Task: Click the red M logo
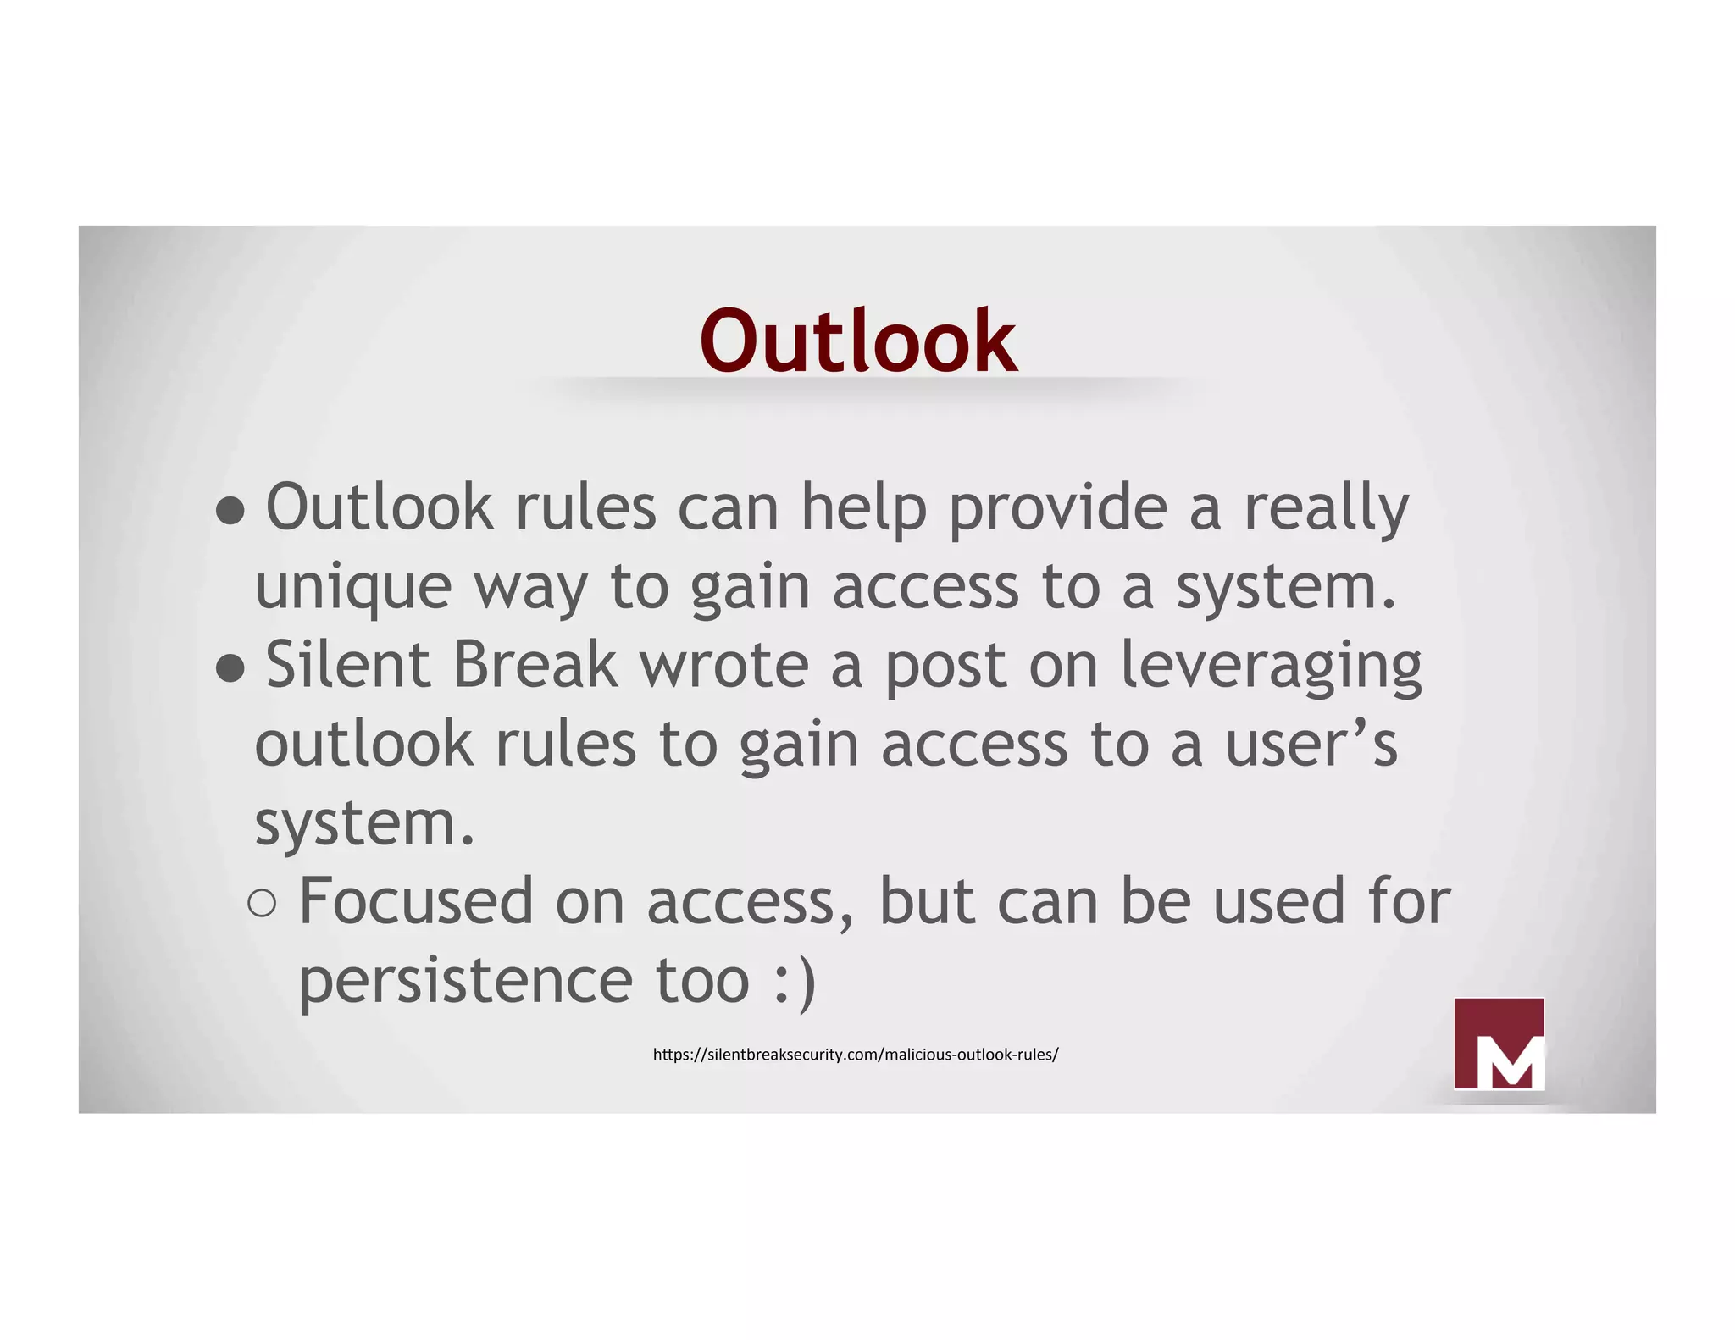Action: click(x=1499, y=1044)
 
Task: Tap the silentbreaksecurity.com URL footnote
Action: click(x=856, y=1055)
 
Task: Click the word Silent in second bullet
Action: click(x=348, y=665)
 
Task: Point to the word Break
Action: click(x=535, y=665)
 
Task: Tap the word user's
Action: click(x=1311, y=745)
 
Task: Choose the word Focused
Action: click(x=416, y=901)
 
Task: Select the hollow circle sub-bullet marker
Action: click(x=263, y=904)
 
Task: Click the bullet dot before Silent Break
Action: click(x=230, y=669)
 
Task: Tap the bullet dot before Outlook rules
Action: click(x=230, y=511)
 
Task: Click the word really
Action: click(x=1326, y=509)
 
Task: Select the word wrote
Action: click(x=724, y=667)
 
